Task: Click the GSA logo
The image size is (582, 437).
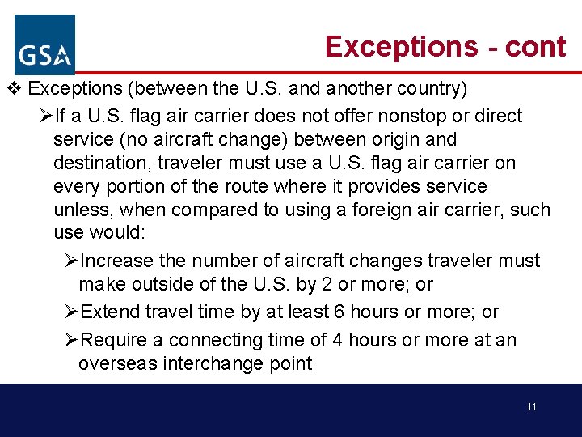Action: coord(44,45)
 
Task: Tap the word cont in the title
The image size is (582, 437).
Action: coord(535,47)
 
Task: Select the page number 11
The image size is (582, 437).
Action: coord(531,407)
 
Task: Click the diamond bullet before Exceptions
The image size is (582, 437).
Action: coord(11,87)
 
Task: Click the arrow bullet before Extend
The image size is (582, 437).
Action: coord(71,312)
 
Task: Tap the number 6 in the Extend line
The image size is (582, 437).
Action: coord(335,312)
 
